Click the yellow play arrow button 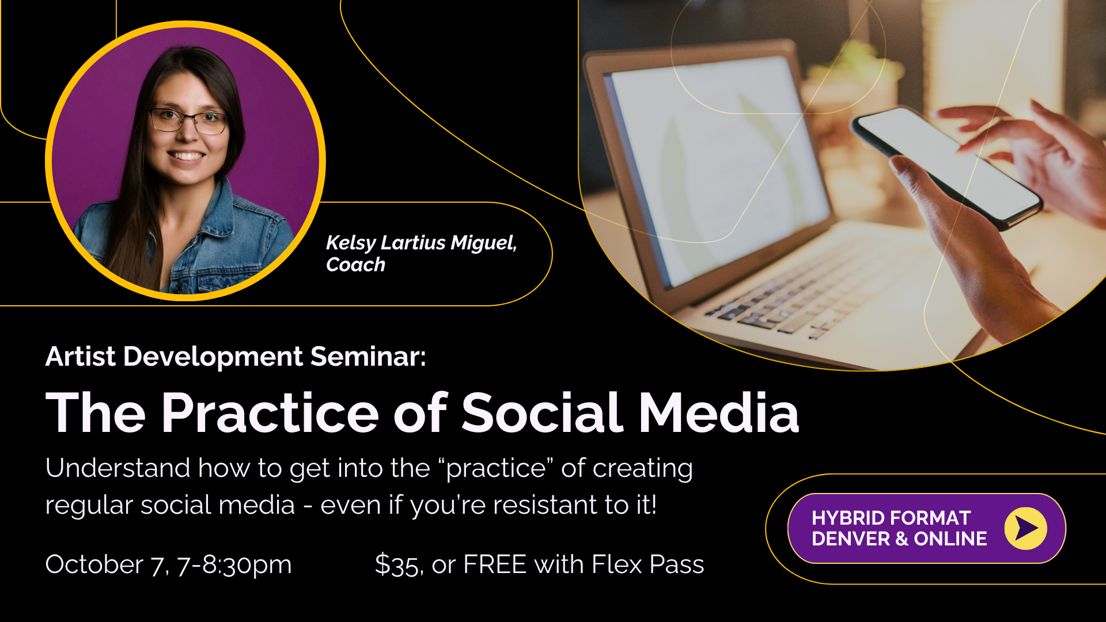(x=1026, y=528)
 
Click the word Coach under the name (x=355, y=265)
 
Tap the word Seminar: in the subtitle (x=369, y=356)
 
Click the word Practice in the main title (x=270, y=412)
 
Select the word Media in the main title (x=719, y=412)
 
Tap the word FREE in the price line (x=495, y=564)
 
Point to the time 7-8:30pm (x=234, y=565)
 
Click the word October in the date (x=94, y=564)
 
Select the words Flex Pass (x=648, y=564)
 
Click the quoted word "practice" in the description (x=496, y=469)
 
